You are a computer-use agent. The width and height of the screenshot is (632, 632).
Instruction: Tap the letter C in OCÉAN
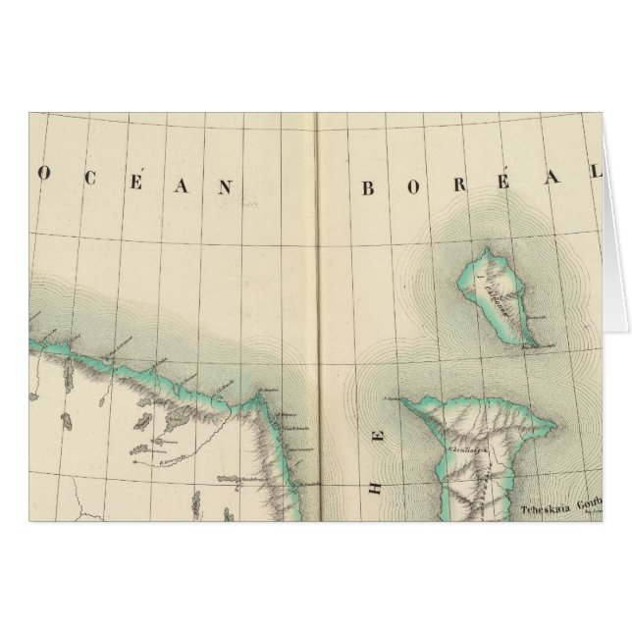89,186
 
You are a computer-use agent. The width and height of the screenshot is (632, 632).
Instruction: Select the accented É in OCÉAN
136,184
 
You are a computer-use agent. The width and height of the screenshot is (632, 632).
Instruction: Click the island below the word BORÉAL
500,294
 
